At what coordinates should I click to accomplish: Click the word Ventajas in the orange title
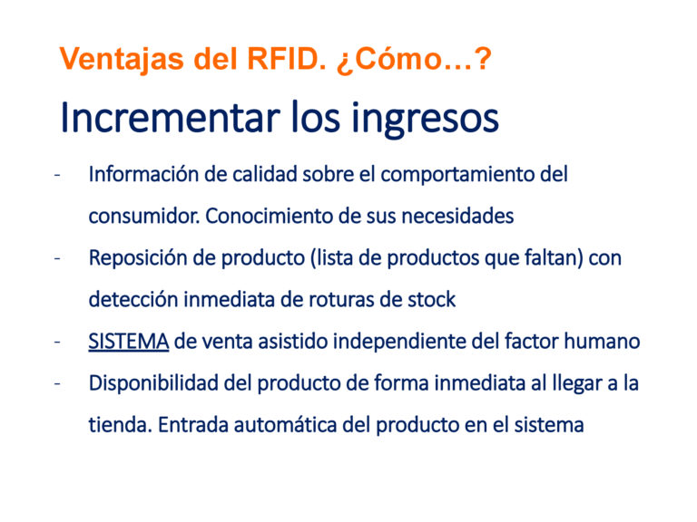122,59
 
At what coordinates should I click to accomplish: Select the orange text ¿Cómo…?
414,59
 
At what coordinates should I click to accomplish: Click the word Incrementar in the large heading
171,117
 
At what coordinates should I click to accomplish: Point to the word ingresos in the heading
425,119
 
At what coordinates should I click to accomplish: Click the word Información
144,174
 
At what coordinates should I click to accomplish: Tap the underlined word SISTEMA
129,342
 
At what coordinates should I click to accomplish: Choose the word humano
602,342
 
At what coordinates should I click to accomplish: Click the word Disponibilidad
153,383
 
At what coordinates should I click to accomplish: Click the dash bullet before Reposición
57,258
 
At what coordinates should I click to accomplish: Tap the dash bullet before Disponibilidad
57,383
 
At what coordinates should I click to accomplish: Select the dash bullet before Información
57,175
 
